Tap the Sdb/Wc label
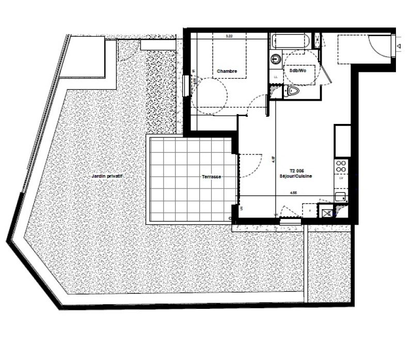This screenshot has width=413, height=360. [298, 71]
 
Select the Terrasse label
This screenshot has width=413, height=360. [212, 177]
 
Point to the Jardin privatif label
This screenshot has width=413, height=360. [109, 176]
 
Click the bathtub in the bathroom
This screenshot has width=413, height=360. [291, 41]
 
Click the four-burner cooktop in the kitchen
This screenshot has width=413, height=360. [342, 166]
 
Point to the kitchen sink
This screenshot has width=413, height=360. [341, 197]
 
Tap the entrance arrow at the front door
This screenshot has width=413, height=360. [399, 47]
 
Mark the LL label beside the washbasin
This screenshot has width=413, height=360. [275, 77]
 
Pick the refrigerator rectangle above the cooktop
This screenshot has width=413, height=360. [342, 140]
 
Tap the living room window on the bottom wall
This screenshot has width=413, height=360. [287, 221]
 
